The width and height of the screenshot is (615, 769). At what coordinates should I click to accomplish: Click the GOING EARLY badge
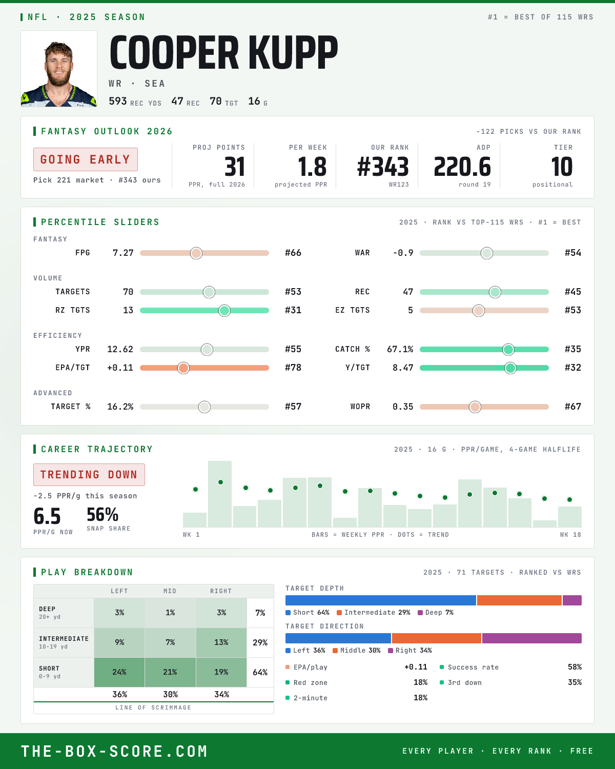(x=86, y=159)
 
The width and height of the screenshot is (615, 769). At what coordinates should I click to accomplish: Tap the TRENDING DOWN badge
(x=89, y=475)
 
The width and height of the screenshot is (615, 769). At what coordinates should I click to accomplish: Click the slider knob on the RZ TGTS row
(x=224, y=311)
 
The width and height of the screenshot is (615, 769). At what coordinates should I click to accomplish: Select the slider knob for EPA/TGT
(x=183, y=368)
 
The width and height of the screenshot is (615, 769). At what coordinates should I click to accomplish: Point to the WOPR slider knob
(x=475, y=407)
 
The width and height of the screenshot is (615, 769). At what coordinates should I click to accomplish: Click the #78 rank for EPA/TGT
(x=293, y=368)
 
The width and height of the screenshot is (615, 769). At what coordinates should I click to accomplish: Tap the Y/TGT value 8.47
(x=403, y=368)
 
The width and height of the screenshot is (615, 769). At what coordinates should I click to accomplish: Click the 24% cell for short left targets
(x=119, y=672)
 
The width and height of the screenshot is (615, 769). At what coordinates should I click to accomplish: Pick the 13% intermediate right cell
(x=221, y=642)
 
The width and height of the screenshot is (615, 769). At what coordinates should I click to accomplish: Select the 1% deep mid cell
(x=170, y=613)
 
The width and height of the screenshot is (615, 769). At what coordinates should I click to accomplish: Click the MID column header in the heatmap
(x=170, y=591)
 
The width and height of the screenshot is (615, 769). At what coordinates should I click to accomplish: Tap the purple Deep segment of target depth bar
(x=572, y=600)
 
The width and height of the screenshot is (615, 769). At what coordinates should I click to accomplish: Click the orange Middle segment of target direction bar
(x=437, y=638)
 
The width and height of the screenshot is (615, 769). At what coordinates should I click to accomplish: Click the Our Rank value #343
(x=383, y=167)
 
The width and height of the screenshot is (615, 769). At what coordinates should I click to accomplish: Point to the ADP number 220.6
(x=462, y=167)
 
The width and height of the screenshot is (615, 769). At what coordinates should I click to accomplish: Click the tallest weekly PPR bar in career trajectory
(x=220, y=494)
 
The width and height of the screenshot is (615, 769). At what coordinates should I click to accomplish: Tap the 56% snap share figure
(x=102, y=515)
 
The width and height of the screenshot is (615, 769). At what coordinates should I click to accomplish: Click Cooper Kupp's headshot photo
(x=59, y=69)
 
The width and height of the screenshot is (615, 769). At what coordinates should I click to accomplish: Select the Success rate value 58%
(x=575, y=667)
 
